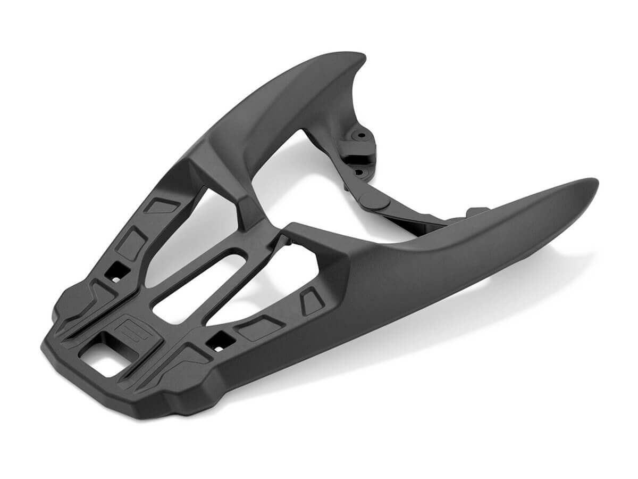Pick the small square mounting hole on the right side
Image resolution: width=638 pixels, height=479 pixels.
click(x=219, y=341)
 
